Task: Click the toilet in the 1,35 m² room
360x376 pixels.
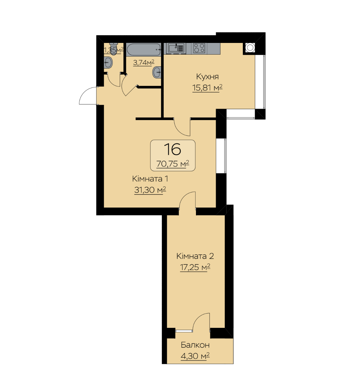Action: (114, 48)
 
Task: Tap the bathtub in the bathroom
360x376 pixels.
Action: (144, 50)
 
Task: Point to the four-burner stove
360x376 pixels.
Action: (199, 48)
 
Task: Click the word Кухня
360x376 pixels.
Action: (207, 77)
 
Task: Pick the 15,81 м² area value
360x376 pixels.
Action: (207, 88)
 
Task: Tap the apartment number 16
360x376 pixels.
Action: (173, 149)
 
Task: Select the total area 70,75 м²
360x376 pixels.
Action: (173, 164)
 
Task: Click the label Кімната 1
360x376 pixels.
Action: (150, 179)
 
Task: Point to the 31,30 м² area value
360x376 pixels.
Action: (150, 190)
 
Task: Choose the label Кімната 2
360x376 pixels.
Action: (195, 256)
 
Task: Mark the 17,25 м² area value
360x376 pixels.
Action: (195, 267)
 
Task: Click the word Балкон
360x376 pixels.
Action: (195, 345)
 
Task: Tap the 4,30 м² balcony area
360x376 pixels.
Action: (195, 356)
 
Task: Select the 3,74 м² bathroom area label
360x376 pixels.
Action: (144, 63)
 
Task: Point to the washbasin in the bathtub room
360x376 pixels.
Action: (157, 72)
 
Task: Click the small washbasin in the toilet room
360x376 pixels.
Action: (108, 63)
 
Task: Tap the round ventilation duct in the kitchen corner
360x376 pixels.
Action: (250, 48)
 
